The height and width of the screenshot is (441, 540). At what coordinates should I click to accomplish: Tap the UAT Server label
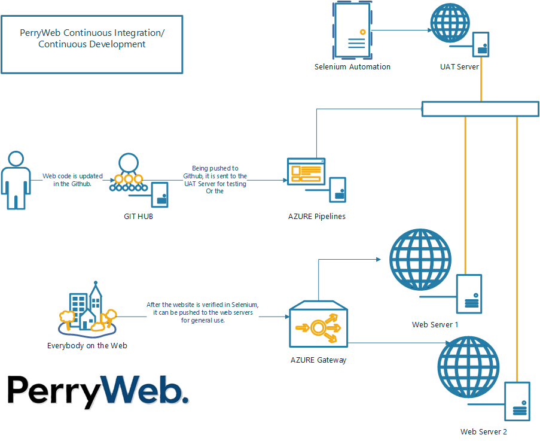tap(459, 67)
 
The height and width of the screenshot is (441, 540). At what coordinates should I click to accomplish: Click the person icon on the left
tap(15, 180)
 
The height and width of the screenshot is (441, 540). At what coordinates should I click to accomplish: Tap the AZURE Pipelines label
tap(317, 216)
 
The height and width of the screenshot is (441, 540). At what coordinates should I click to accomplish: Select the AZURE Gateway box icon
tap(318, 327)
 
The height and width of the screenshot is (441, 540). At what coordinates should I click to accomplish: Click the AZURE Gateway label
tap(318, 360)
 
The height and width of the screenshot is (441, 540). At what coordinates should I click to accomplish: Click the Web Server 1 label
tap(435, 325)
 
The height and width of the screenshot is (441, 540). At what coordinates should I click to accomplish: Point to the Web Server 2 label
tap(483, 432)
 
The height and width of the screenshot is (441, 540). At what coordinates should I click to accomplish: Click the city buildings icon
tap(87, 311)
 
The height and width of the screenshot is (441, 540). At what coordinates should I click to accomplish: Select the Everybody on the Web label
tap(87, 346)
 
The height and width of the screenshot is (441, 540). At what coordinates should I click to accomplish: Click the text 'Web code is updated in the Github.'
tap(72, 180)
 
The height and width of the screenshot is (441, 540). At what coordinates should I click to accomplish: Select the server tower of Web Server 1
tap(469, 293)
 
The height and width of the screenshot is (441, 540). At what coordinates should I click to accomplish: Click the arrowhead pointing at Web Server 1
tap(378, 260)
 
